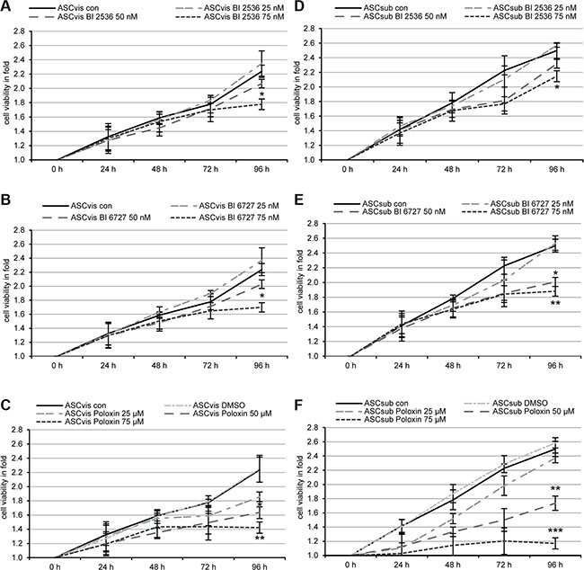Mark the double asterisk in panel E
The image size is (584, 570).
(x=557, y=305)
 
